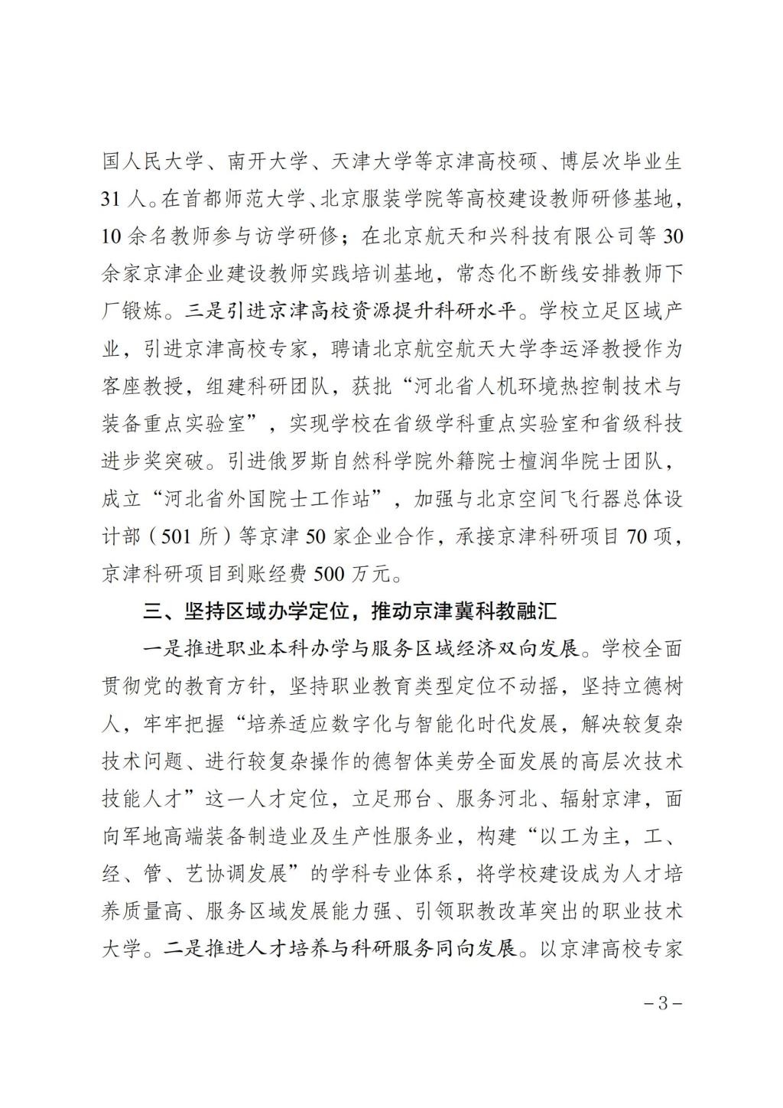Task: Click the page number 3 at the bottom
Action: pyautogui.click(x=663, y=1003)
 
